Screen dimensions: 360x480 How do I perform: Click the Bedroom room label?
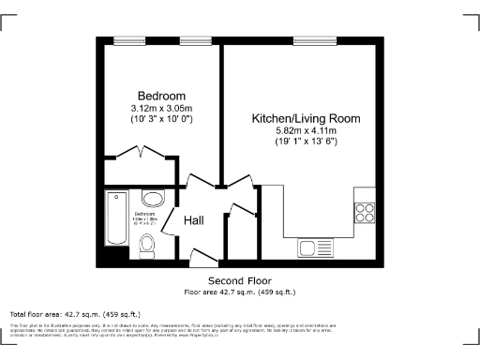[x=161, y=96]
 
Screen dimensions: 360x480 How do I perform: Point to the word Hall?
[x=194, y=220]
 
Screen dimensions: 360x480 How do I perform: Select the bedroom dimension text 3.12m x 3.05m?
[x=161, y=110]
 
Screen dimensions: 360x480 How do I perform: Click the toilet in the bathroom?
[x=146, y=245]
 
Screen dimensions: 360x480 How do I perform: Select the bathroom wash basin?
[x=152, y=198]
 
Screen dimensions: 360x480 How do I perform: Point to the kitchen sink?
[x=309, y=247]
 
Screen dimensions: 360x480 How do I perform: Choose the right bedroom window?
[x=194, y=40]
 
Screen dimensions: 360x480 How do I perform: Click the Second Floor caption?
[x=240, y=280]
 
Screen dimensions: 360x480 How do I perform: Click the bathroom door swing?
[x=169, y=221]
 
